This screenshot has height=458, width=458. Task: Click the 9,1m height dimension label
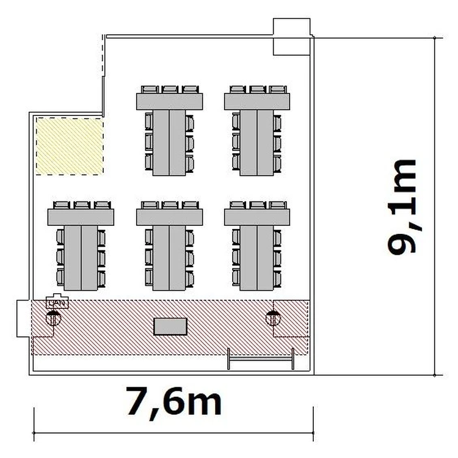click(x=402, y=207)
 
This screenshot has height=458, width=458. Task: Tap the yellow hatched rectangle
click(x=70, y=147)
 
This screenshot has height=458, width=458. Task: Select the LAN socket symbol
click(x=57, y=302)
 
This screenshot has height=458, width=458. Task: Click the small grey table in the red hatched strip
click(x=170, y=327)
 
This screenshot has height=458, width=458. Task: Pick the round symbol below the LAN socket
click(x=54, y=318)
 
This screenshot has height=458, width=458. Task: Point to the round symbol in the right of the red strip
click(x=273, y=318)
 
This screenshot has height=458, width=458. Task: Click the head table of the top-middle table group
click(x=169, y=101)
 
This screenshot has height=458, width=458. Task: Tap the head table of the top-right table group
click(x=257, y=101)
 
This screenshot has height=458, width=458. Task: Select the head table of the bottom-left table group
click(x=81, y=217)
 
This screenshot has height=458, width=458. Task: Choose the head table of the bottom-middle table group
click(x=169, y=217)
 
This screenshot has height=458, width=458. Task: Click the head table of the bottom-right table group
click(x=257, y=217)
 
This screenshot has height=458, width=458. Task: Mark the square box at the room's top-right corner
click(x=291, y=37)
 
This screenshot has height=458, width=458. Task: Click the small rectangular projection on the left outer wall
click(x=24, y=318)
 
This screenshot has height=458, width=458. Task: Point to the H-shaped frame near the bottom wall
click(x=261, y=358)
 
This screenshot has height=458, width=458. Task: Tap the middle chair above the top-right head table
click(x=258, y=89)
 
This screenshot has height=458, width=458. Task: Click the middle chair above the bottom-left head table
click(x=82, y=205)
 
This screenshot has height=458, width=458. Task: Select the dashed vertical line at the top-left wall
click(x=103, y=56)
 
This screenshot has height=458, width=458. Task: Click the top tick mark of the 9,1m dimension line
click(x=435, y=38)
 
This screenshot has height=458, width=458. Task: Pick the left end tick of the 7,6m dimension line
click(x=34, y=432)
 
